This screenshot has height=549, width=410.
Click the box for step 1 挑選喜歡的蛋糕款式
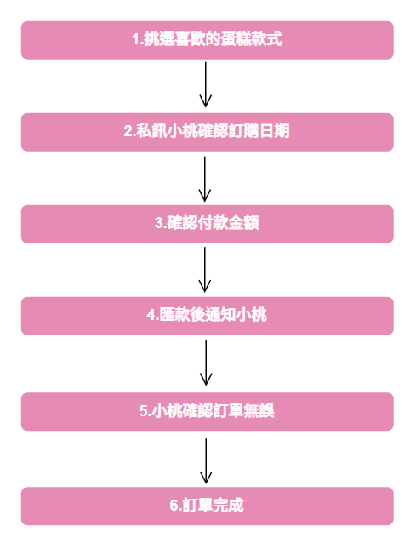pos(207,40)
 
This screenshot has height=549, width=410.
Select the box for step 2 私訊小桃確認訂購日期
pos(207,132)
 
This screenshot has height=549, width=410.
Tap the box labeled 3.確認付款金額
pos(207,224)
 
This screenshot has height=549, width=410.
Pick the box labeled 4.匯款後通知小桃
pos(207,316)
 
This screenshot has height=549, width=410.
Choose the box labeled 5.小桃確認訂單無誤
pos(207,411)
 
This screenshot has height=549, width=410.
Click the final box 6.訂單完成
pos(207,506)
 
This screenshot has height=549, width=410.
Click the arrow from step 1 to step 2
pos(205,85)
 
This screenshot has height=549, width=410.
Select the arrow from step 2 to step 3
pos(205,179)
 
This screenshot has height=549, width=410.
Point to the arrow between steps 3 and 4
pos(205,270)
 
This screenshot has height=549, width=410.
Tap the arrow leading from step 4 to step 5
pos(206,363)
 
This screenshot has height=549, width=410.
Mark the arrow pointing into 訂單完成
pos(206,461)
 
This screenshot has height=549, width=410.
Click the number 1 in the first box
pos(135,39)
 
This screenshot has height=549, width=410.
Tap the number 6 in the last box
pos(174,506)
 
